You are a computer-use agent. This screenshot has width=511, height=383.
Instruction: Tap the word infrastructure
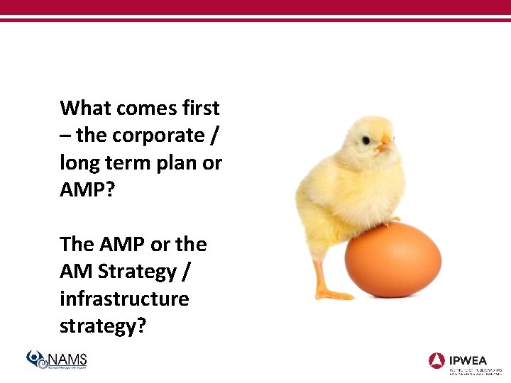click(x=124, y=299)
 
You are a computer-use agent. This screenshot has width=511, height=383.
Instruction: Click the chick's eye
click(x=366, y=140)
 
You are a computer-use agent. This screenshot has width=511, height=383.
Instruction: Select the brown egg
click(x=392, y=260)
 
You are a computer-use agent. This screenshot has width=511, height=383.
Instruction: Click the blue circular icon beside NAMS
click(x=36, y=359)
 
